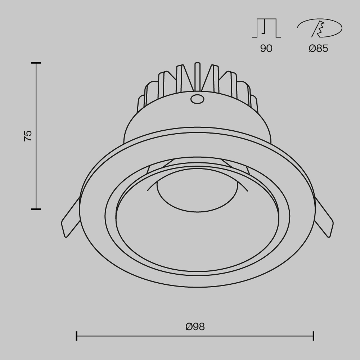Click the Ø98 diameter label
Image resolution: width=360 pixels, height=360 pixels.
point(195,327)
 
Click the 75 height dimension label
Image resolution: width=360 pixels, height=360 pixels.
point(28,136)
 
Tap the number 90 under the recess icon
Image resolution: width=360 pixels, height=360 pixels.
point(266,49)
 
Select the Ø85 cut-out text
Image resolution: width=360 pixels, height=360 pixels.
point(319,49)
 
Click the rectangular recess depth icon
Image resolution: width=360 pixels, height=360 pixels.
point(266,28)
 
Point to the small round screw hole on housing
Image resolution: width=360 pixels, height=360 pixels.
point(197,98)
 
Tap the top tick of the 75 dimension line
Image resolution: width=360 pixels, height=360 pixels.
point(36,63)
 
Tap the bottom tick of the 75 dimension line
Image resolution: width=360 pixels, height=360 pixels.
point(36,209)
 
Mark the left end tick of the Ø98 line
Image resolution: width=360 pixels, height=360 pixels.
point(77,336)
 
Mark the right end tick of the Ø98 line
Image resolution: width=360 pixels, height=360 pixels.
point(314,336)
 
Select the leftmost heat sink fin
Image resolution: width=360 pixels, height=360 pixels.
point(141,103)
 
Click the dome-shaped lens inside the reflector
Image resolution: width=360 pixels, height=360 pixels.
point(197,196)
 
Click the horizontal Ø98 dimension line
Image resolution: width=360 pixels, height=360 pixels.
point(144,336)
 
